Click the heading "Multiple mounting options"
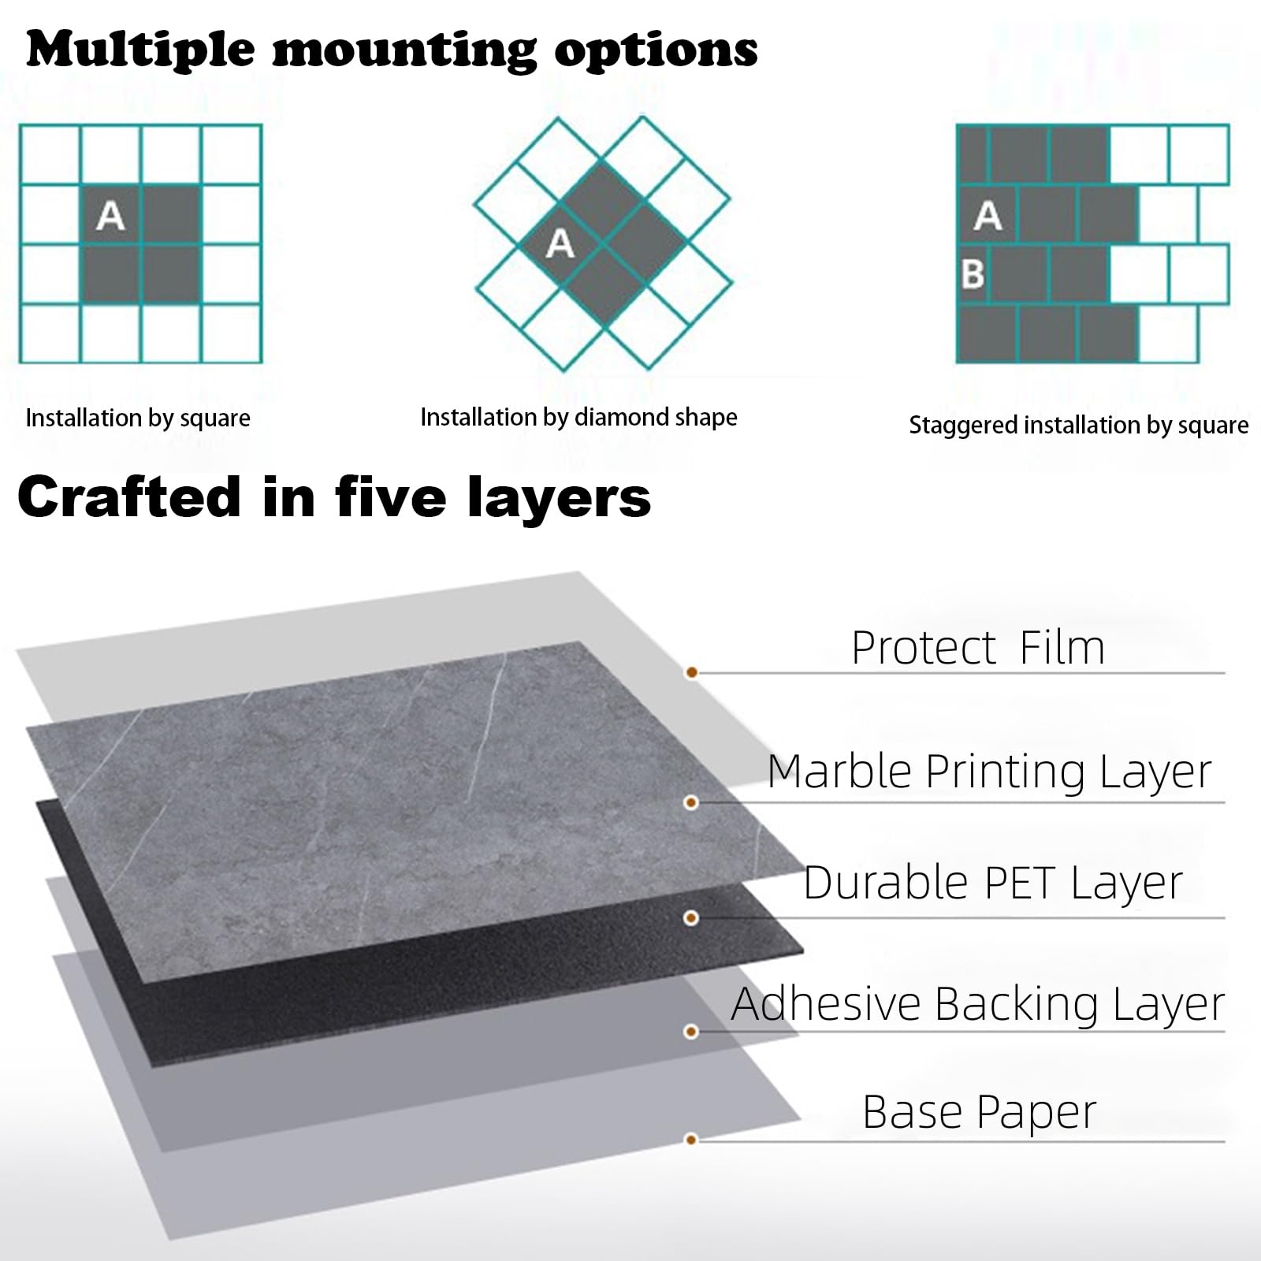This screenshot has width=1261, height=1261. tap(392, 50)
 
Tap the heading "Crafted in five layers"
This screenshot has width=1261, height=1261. tap(334, 498)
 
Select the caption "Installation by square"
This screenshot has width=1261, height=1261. tap(138, 418)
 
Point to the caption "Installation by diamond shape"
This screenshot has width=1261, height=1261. tap(578, 417)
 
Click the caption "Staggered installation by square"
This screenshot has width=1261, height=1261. tap(1079, 426)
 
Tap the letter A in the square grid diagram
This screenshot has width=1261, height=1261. tap(110, 215)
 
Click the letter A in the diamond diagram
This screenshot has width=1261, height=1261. tap(560, 244)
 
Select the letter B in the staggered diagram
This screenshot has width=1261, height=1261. tap(973, 274)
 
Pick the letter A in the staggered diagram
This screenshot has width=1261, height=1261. tap(988, 215)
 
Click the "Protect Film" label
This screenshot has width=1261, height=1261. tap(978, 648)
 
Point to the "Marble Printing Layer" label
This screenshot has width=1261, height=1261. tap(989, 772)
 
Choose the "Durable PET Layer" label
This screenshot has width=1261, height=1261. tap(993, 883)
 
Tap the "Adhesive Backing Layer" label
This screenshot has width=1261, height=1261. tap(978, 1004)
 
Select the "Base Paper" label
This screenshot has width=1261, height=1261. tap(980, 1111)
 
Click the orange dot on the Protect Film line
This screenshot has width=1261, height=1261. tap(691, 672)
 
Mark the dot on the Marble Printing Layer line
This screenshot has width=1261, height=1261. tap(691, 802)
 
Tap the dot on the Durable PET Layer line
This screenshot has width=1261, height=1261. tap(691, 917)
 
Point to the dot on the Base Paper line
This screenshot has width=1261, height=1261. tap(691, 1140)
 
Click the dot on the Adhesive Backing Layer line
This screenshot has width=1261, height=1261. tap(691, 1032)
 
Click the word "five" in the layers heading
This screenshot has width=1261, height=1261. tap(391, 497)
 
